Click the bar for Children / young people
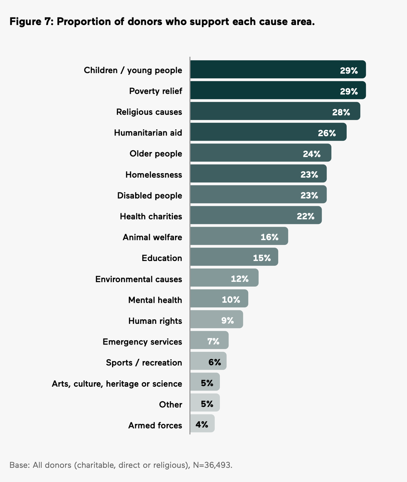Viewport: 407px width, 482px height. pyautogui.click(x=262, y=70)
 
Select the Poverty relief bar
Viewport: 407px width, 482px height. pyautogui.click(x=262, y=91)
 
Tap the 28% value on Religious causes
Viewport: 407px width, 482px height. pyautogui.click(x=341, y=112)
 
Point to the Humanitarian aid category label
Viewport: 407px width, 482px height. pyautogui.click(x=148, y=133)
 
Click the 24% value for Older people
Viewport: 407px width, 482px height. pyautogui.click(x=312, y=154)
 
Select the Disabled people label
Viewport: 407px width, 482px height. pyautogui.click(x=149, y=196)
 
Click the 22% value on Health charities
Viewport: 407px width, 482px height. pyautogui.click(x=305, y=216)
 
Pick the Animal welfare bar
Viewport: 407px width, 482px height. pyautogui.click(x=231, y=236)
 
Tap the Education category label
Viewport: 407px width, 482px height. pyautogui.click(x=162, y=258)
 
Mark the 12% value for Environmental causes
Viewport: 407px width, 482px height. pyautogui.click(x=240, y=279)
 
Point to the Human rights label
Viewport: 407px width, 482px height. pyautogui.click(x=155, y=321)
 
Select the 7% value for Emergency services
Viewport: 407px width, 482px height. pyautogui.click(x=213, y=341)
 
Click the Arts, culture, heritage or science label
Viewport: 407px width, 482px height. pyautogui.click(x=117, y=383)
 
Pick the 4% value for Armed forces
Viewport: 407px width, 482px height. pyautogui.click(x=202, y=424)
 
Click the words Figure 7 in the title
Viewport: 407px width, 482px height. pyautogui.click(x=30, y=21)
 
